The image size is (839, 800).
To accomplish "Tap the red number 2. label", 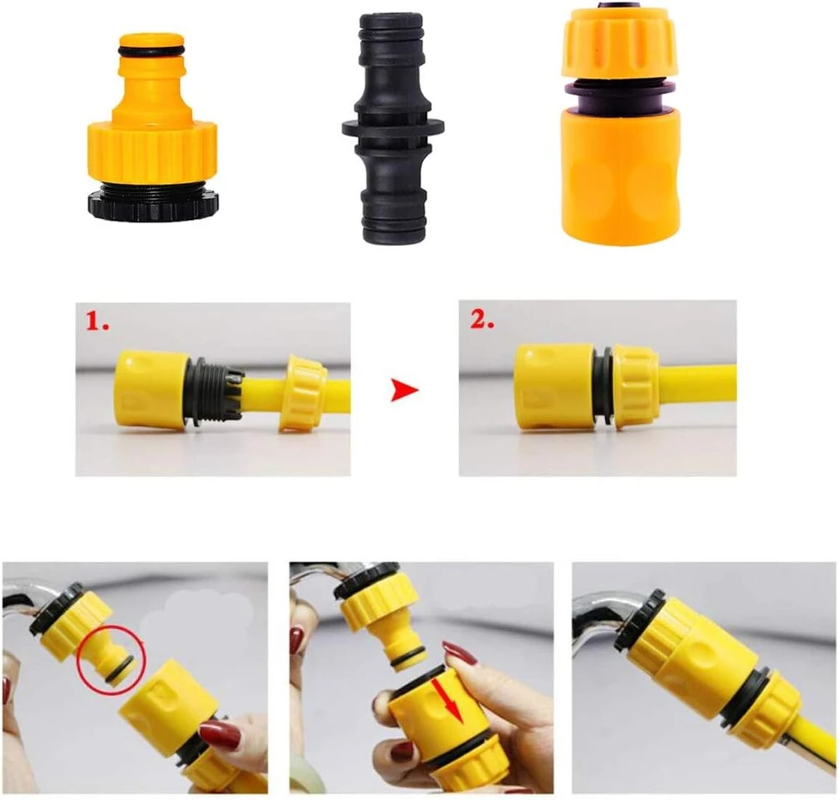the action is (482, 320).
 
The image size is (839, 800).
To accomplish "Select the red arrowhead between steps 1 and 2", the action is (404, 390).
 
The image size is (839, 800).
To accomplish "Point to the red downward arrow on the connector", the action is (446, 700).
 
